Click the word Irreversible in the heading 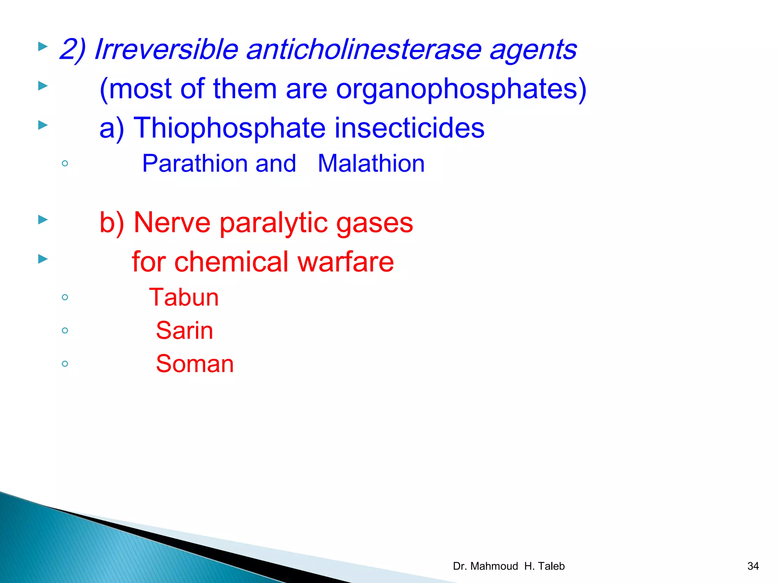coord(166,49)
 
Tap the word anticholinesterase coord(364,49)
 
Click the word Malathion coord(371,164)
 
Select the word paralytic coord(274,223)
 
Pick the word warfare coord(346,262)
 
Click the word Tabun coord(184,297)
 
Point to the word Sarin coord(184,331)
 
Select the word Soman coord(194,364)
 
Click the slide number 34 coord(753,566)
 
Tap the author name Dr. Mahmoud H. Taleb coord(509,566)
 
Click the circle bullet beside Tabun coord(65,297)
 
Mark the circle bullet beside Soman coord(65,364)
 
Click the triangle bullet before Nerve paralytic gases coord(43,220)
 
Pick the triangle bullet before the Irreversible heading coord(43,47)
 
